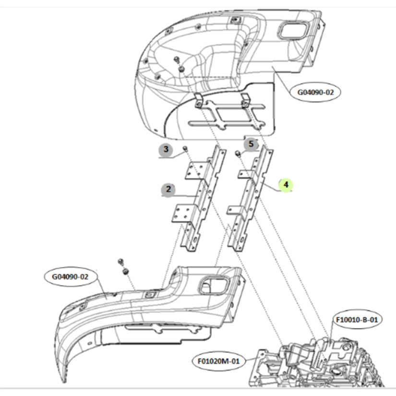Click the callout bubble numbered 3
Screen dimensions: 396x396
166,149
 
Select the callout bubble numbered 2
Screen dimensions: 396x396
168,189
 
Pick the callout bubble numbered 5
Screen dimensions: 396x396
250,144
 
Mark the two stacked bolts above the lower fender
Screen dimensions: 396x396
123,267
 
